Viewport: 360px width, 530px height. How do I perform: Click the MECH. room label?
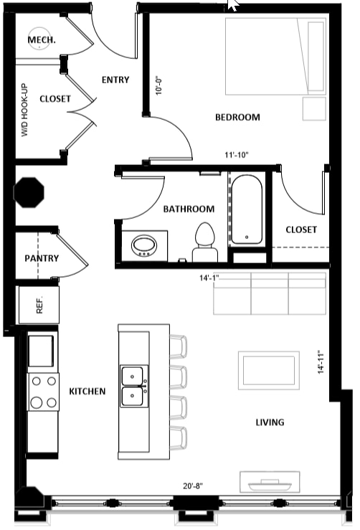[42, 40]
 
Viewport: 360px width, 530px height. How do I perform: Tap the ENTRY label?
[115, 80]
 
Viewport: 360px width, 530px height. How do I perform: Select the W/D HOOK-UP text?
[25, 110]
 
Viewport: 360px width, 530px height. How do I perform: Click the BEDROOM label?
[237, 118]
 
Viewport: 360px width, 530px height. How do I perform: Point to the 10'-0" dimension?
[159, 86]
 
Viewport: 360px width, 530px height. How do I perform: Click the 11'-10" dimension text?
[237, 155]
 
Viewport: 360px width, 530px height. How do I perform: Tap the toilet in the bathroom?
[205, 242]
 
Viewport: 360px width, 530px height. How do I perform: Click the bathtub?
[247, 209]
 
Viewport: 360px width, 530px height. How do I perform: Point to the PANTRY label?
[42, 259]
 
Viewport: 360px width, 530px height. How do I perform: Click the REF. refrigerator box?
[39, 305]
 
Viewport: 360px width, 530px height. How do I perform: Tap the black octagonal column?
[29, 192]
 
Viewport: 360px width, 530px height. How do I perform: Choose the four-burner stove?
[43, 392]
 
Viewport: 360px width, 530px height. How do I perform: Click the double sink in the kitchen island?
[134, 386]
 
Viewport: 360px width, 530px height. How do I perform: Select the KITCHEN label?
[87, 392]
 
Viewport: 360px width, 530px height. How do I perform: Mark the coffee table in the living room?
[269, 371]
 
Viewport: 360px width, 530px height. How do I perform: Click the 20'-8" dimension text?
[193, 486]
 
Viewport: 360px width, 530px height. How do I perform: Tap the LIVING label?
[270, 422]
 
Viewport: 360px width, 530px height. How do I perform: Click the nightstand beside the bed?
[314, 109]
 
